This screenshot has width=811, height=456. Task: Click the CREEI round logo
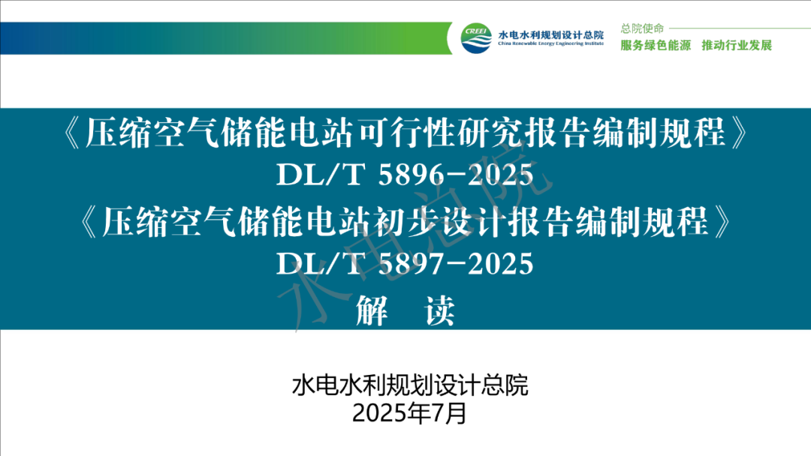coord(476,37)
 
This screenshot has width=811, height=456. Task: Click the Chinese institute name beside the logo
coord(551,34)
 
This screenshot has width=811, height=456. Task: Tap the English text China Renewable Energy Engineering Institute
coord(551,44)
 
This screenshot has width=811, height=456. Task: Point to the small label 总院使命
coord(642,28)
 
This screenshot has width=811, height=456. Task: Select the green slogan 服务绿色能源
coord(656,46)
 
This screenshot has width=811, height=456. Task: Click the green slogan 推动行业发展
coord(737,46)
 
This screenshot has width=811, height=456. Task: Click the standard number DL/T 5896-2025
coord(405,175)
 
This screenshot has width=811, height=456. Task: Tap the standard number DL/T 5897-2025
coord(405,264)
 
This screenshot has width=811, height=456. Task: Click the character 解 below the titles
coord(371,310)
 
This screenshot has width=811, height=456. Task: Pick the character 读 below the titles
coord(439,310)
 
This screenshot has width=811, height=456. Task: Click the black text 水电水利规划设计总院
coord(410,385)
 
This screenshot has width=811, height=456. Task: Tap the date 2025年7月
coord(410,413)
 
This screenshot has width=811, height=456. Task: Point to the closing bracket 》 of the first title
coord(740,133)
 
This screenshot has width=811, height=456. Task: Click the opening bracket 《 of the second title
coord(89,223)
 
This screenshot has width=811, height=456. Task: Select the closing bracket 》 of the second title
coord(722,223)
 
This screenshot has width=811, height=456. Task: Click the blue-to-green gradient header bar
coord(226,38)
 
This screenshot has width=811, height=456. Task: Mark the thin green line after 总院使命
coord(740,28)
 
